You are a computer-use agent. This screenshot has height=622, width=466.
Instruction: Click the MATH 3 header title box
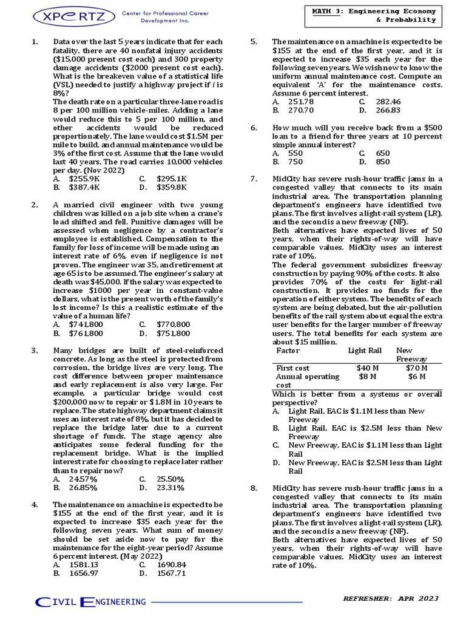point(374,15)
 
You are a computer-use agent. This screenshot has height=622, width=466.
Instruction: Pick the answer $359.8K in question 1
point(172,188)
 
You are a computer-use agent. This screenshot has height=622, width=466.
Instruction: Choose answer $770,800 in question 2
point(173,324)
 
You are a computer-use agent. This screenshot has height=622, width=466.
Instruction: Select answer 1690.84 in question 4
point(172,564)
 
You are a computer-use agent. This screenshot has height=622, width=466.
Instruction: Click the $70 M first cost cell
point(417,368)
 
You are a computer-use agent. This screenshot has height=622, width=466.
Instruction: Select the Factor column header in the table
point(288,350)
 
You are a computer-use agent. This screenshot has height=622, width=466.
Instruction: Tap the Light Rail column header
point(365,350)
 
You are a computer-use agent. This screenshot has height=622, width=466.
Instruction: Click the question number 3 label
point(35,350)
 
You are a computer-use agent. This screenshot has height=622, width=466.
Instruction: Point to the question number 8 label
point(254,488)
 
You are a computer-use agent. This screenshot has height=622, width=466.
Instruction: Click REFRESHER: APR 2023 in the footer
point(390,598)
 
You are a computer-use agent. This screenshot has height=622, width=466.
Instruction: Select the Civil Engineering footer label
point(91,602)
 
